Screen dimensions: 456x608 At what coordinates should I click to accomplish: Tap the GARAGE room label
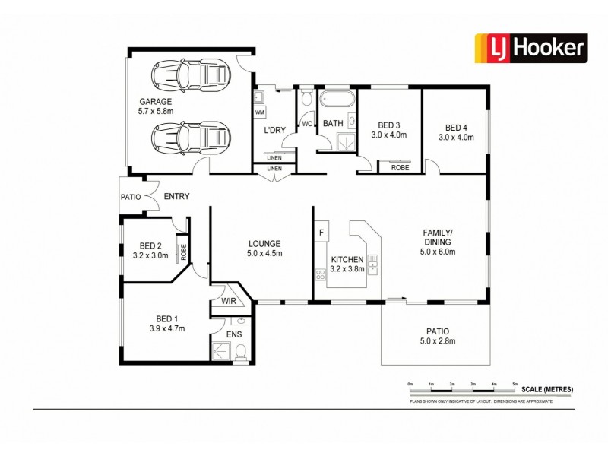pyautogui.click(x=156, y=102)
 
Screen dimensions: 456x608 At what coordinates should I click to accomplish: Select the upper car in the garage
pyautogui.click(x=191, y=74)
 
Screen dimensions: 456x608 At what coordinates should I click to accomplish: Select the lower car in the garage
pyautogui.click(x=191, y=139)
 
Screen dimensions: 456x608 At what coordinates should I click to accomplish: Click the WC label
pyautogui.click(x=307, y=124)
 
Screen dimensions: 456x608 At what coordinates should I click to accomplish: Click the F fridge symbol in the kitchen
pyautogui.click(x=321, y=232)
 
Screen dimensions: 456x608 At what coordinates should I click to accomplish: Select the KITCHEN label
pyautogui.click(x=347, y=259)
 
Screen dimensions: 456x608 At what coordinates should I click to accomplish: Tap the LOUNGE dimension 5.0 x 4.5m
pyautogui.click(x=264, y=254)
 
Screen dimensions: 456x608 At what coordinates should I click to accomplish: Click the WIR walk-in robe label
pyautogui.click(x=229, y=302)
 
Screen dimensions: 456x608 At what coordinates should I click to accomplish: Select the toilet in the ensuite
pyautogui.click(x=240, y=350)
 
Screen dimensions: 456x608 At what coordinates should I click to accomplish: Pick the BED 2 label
pyautogui.click(x=150, y=245)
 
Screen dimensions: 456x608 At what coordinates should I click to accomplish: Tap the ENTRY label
pyautogui.click(x=176, y=197)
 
